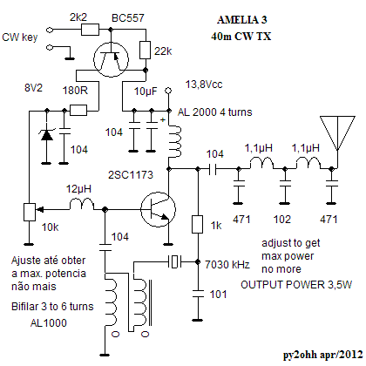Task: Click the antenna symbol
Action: pos(337,133)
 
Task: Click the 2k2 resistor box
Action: pos(90,30)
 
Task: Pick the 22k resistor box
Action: pos(146,50)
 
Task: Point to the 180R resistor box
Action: pos(78,111)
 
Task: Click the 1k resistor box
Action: pos(198,224)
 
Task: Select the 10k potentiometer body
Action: pos(30,212)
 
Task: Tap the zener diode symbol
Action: pos(46,135)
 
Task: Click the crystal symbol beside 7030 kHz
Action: pos(174,261)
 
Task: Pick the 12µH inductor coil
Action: pos(82,204)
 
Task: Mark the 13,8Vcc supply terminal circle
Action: pos(168,91)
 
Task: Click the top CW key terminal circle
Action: pos(50,30)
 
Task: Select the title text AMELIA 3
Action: pos(241,20)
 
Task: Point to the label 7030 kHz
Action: pos(227,264)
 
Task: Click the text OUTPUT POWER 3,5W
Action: pos(296,285)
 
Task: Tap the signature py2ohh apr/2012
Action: pos(323,355)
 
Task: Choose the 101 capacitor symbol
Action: pos(198,294)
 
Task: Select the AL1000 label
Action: pos(49,322)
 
